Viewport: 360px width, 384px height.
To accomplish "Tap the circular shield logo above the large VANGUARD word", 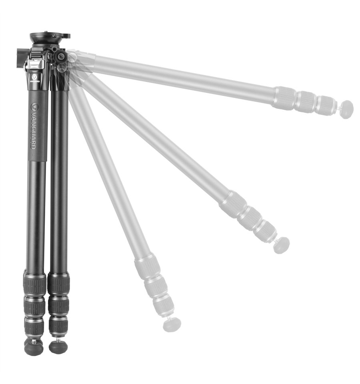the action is (x=34, y=107).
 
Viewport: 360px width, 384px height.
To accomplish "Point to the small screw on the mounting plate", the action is (x=54, y=36).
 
